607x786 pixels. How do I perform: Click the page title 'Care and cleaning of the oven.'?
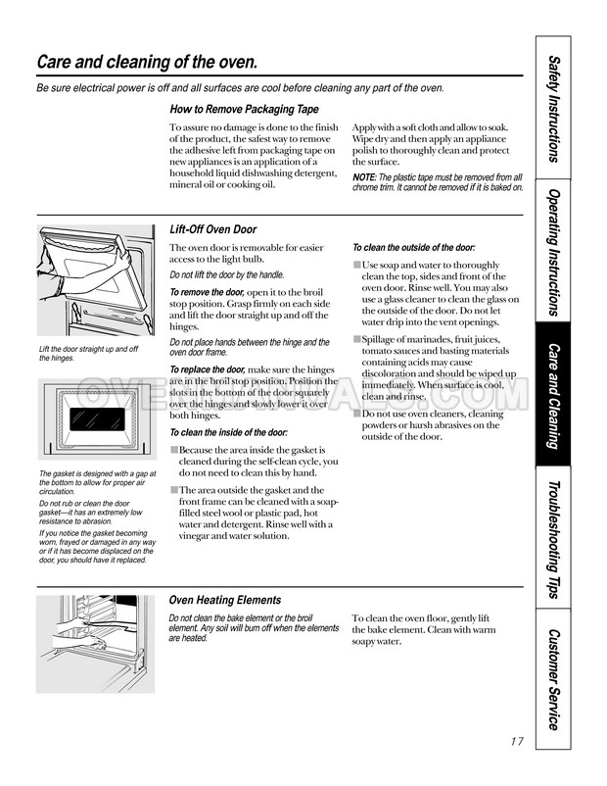147,63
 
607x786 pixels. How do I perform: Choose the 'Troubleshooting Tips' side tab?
554,540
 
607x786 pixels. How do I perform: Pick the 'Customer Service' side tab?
554,678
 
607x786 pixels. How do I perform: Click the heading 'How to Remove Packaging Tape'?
244,109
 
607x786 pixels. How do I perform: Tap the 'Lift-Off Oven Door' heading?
213,228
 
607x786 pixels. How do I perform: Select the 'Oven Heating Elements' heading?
225,600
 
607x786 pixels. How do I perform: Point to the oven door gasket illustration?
95,421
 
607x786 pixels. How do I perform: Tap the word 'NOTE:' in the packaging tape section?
364,177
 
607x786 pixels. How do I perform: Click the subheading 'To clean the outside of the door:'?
413,248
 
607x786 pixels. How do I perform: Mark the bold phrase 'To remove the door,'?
208,292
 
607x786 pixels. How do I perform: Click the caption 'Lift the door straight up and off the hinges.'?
88,354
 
